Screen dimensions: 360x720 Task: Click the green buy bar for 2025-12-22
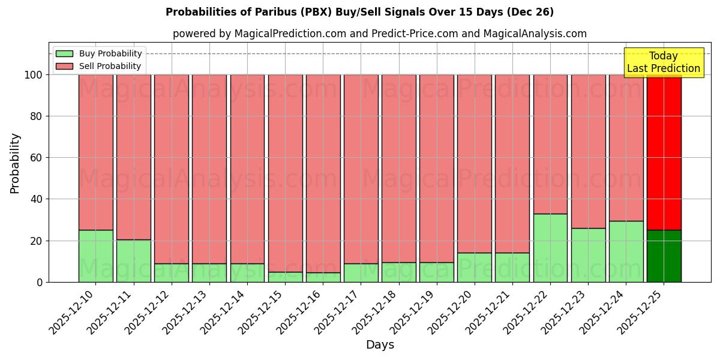tap(550, 248)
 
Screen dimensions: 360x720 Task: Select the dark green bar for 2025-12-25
tap(664, 256)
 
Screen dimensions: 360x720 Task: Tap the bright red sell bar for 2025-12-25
tap(664, 152)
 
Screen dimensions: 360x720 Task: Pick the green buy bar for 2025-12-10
tap(95, 256)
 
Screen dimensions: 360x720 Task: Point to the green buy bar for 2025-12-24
tap(626, 251)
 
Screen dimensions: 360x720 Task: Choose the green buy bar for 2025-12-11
tap(133, 261)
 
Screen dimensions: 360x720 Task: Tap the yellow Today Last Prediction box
tap(663, 62)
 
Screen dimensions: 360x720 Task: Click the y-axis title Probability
tap(15, 163)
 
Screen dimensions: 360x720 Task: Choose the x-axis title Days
tap(380, 345)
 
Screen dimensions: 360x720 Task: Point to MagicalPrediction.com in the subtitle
tap(290, 34)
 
